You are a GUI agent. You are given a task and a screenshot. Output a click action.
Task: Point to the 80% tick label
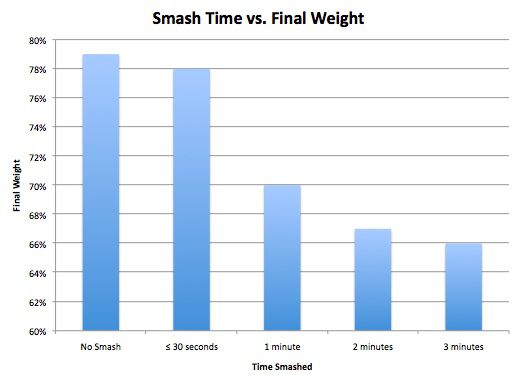(38, 40)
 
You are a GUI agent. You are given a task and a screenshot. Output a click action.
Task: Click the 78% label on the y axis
(38, 69)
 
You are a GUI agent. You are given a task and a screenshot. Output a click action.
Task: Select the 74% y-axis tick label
(38, 127)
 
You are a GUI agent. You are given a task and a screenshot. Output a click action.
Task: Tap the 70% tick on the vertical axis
(38, 186)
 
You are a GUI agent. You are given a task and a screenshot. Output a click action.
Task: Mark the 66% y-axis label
(38, 244)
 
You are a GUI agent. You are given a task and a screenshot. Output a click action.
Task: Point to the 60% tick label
(38, 331)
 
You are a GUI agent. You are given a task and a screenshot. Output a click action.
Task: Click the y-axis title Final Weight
(15, 186)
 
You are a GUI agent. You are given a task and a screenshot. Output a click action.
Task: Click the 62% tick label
(38, 302)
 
